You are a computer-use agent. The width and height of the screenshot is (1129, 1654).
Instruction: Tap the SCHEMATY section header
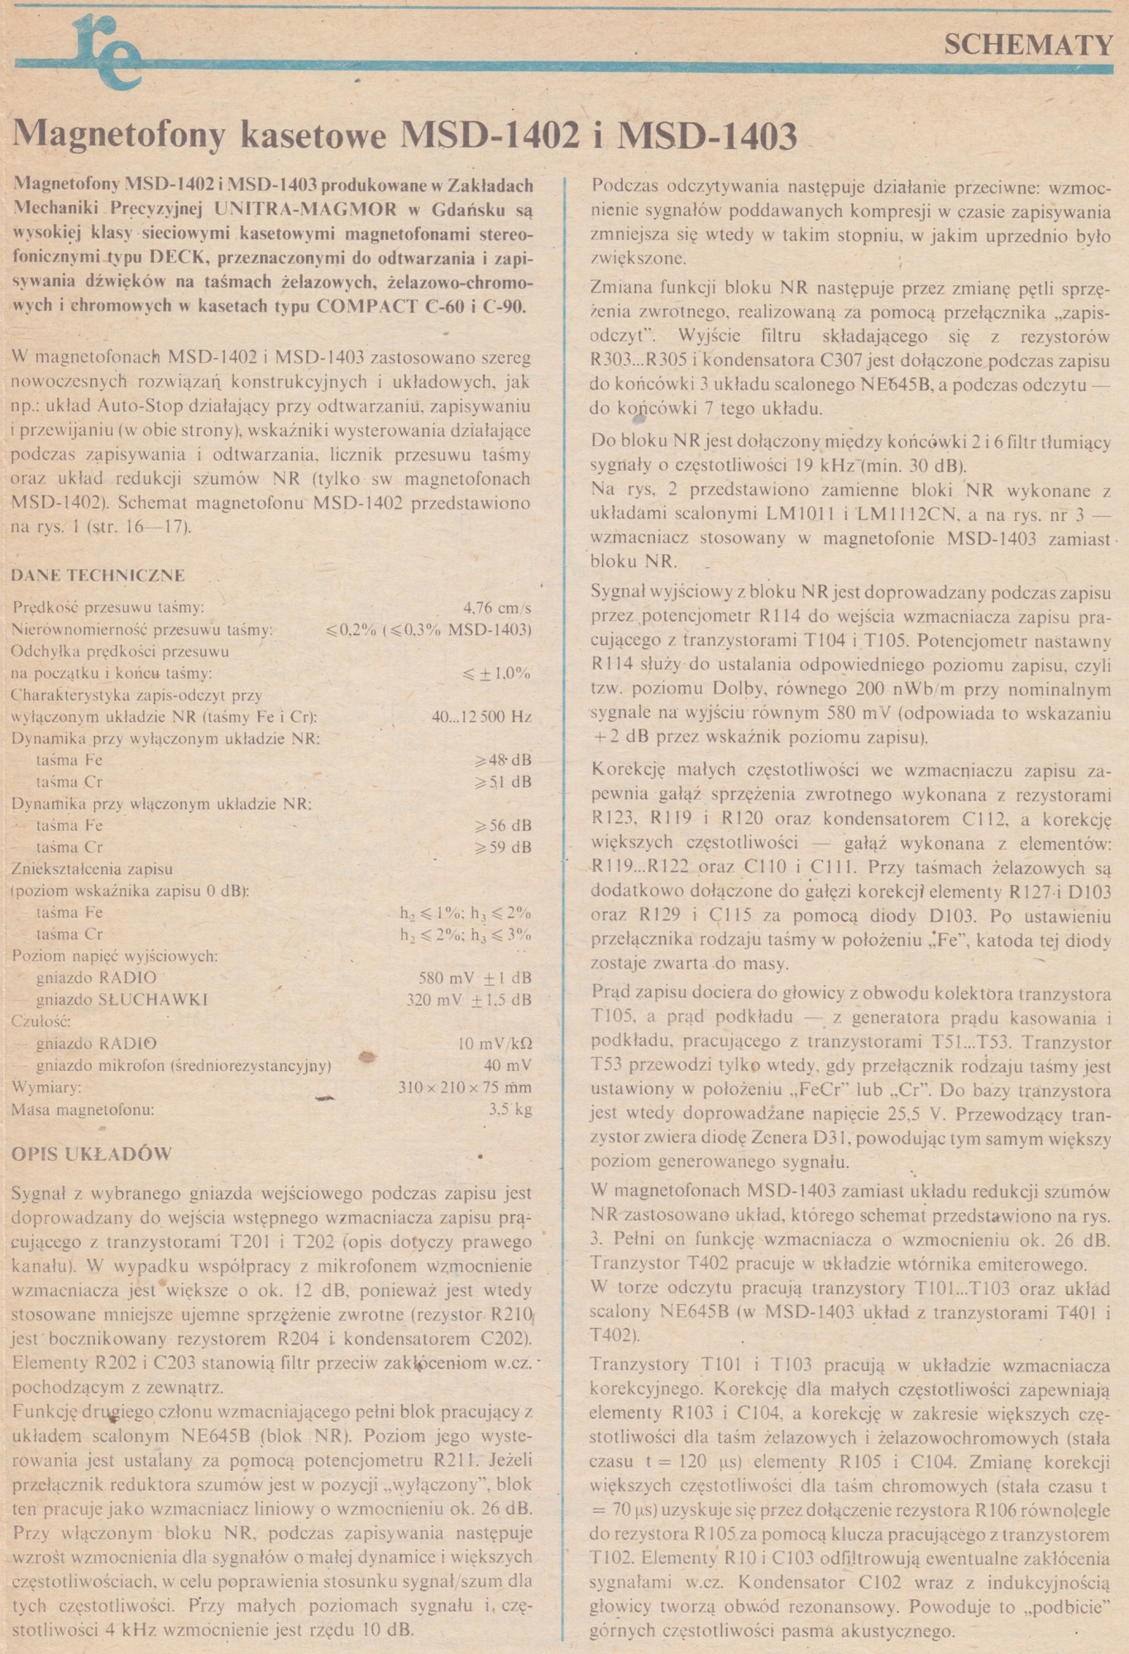(x=1028, y=45)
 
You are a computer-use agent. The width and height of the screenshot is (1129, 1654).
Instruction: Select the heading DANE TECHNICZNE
(x=98, y=576)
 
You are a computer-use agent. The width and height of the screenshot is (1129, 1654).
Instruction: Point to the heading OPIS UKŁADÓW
(x=91, y=1154)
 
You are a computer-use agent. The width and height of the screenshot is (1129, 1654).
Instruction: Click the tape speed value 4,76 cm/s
(x=497, y=608)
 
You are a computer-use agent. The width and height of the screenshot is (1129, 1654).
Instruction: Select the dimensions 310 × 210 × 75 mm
(x=464, y=1087)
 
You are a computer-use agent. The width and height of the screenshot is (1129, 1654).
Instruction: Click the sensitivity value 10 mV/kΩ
(x=494, y=1043)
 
